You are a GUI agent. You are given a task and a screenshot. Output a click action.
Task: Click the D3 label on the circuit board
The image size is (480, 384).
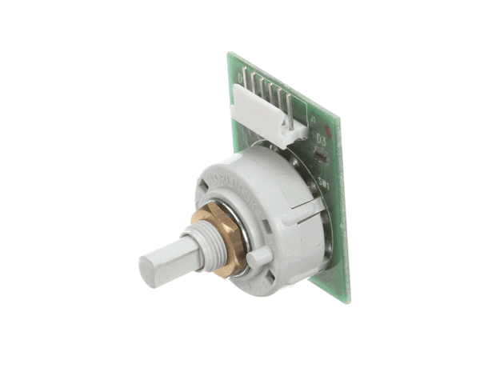pos(321,138)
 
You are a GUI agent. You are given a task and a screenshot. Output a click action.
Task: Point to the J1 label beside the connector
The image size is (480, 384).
pos(313,120)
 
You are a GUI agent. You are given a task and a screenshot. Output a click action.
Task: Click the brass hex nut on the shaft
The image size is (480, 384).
pos(220,238)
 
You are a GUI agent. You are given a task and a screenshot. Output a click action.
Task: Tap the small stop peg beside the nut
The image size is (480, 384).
pos(257,257)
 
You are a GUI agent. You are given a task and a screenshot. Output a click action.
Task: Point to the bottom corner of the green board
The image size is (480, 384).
pos(346,302)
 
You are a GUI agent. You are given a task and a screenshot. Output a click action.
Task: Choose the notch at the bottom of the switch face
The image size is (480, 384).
pos(269,279)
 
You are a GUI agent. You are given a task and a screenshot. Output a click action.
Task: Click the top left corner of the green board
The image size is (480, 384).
pos(230,54)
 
